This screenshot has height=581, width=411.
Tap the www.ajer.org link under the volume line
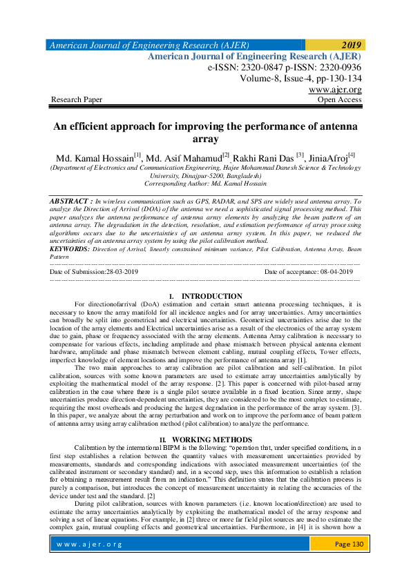[335, 90]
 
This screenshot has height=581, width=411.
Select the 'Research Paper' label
[77, 100]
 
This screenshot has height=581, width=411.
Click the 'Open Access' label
[338, 100]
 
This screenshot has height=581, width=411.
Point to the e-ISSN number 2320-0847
[264, 68]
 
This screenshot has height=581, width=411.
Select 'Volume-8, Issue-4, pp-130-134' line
[300, 79]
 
